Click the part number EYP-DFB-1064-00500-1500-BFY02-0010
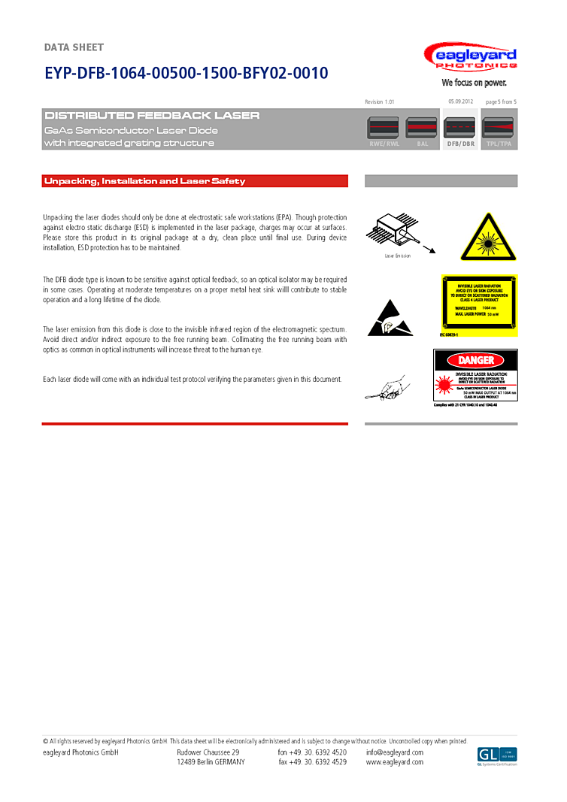[x=186, y=74]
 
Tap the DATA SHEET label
[x=74, y=48]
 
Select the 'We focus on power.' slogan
[x=474, y=83]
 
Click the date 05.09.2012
[x=460, y=101]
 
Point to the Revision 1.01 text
[x=379, y=101]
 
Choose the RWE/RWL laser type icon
[x=384, y=129]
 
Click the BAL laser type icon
[x=422, y=129]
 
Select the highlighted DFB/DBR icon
[x=460, y=129]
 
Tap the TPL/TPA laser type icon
[x=499, y=129]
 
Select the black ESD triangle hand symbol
[x=390, y=319]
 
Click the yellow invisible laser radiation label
[x=478, y=305]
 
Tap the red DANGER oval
[x=475, y=361]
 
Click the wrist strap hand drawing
[x=387, y=388]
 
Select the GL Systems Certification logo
[x=497, y=755]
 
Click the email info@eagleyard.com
[x=394, y=752]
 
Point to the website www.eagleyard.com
[x=395, y=762]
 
